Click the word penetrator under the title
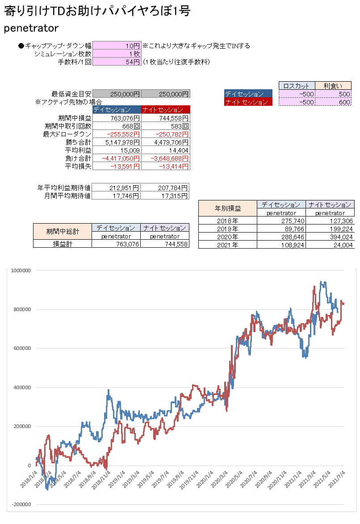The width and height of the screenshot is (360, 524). (x=31, y=28)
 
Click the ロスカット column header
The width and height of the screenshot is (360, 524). (x=297, y=86)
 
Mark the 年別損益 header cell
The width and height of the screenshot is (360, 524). (x=228, y=208)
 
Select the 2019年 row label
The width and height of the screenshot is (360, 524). (x=228, y=229)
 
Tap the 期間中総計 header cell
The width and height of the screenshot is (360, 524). (x=63, y=231)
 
